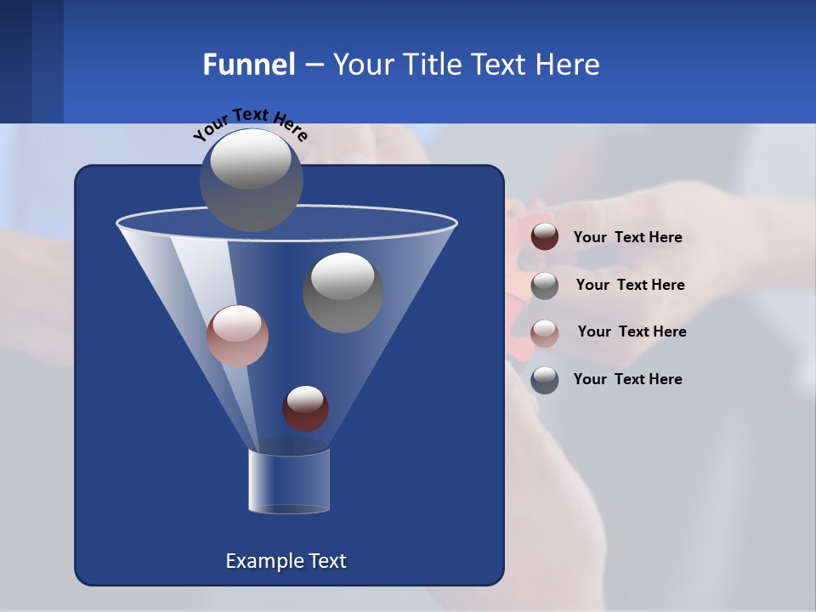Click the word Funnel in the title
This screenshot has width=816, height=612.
(x=248, y=65)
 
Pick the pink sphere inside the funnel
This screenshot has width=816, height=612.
(x=237, y=337)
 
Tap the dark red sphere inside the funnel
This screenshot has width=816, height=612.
(x=305, y=409)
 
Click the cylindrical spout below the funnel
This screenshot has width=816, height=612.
(x=289, y=482)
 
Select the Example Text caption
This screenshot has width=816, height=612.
(x=286, y=561)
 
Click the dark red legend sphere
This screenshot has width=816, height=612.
(x=545, y=237)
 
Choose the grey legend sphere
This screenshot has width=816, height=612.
(x=545, y=286)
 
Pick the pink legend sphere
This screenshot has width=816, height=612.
(x=545, y=332)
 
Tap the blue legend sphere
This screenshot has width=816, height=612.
(x=545, y=380)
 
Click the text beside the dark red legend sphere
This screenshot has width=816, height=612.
(x=627, y=238)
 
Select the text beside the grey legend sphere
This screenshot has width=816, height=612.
(x=630, y=286)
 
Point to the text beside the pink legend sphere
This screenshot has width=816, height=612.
(x=632, y=332)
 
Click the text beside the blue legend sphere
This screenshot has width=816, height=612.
(x=627, y=380)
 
